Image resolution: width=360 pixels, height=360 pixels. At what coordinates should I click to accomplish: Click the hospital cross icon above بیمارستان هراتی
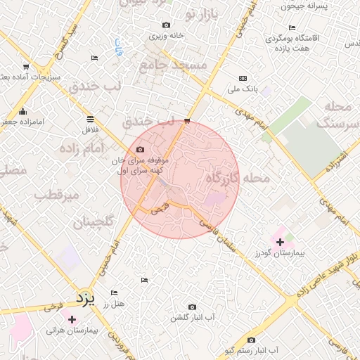click(72, 319)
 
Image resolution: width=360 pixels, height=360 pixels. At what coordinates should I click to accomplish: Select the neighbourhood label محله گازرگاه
click(237, 179)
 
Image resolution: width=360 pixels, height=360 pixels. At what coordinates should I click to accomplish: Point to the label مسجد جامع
click(183, 65)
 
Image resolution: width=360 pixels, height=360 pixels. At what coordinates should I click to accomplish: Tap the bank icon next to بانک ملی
click(243, 78)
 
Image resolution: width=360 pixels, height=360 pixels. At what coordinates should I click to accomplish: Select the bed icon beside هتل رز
click(114, 292)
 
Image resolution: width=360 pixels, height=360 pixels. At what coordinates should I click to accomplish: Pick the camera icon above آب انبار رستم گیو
click(251, 340)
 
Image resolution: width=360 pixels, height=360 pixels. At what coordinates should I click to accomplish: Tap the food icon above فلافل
click(89, 119)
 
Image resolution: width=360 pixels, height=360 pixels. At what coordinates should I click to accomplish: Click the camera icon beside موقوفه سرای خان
click(140, 150)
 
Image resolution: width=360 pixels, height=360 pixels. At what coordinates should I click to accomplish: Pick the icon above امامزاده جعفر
click(23, 111)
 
